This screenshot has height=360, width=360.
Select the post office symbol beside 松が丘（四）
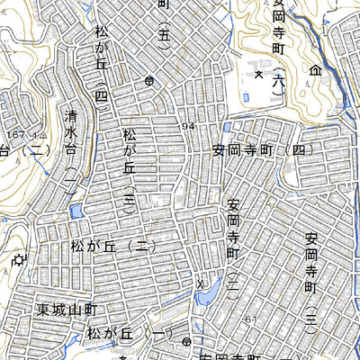[148, 80]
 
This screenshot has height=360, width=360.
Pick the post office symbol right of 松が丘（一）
[185, 342]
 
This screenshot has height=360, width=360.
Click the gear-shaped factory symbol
[18, 261]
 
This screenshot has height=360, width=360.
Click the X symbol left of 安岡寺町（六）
[258, 75]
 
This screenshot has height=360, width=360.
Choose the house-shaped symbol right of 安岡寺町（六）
[315, 69]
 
